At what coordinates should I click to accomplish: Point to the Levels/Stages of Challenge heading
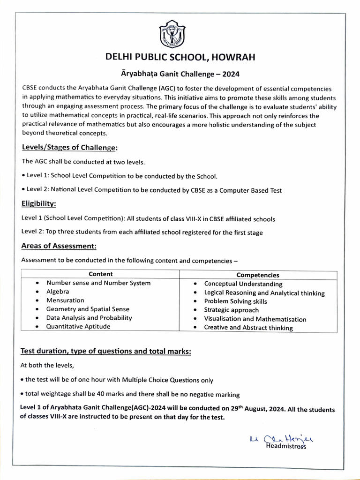tap(70, 148)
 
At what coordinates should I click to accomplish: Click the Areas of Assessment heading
tap(59, 246)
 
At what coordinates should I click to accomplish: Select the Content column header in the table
tap(100, 274)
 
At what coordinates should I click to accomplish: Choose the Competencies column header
tap(257, 275)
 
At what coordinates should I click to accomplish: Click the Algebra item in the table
tap(58, 292)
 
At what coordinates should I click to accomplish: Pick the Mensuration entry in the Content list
tap(65, 300)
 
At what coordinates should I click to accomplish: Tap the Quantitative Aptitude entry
tap(78, 326)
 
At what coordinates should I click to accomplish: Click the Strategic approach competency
tap(231, 310)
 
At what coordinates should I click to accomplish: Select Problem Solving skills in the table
tap(235, 301)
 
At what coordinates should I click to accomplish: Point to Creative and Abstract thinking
tap(248, 328)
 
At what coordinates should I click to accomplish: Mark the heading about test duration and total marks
tap(106, 352)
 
